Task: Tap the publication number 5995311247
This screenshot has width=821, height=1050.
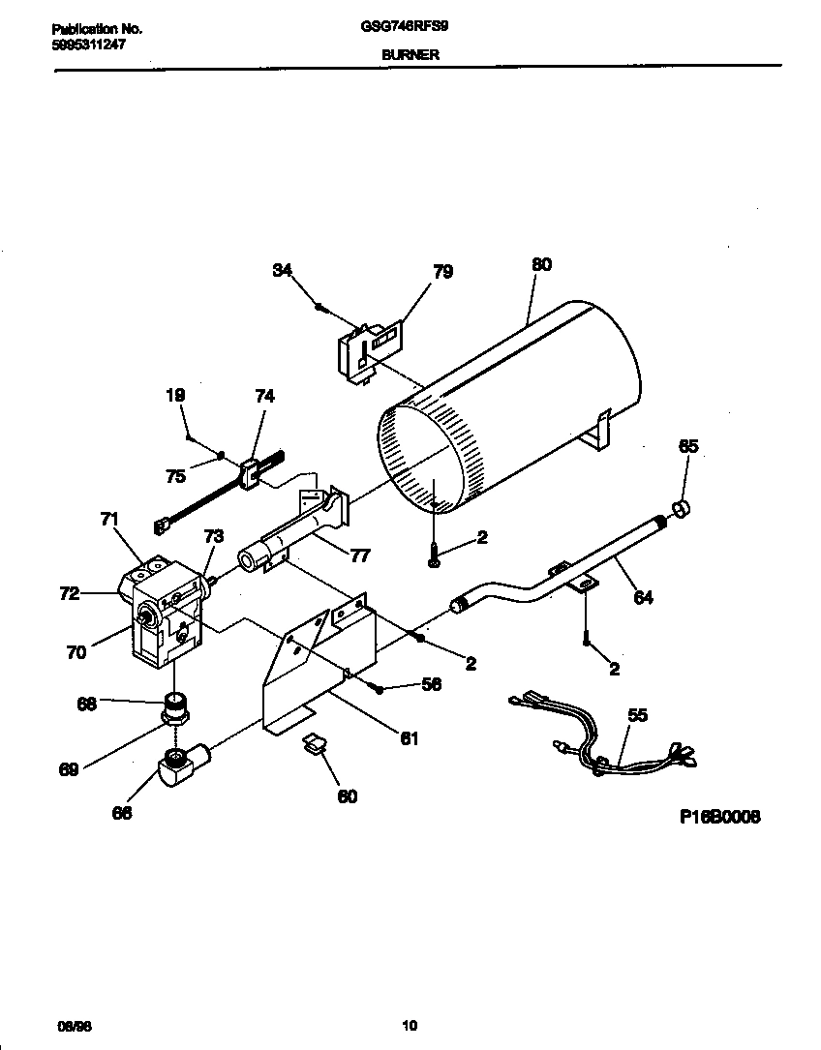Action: coord(88,45)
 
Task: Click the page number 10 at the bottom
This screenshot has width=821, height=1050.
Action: coord(410,1026)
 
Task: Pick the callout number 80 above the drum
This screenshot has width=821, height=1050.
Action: coord(541,265)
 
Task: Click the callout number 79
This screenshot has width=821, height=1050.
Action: coord(441,272)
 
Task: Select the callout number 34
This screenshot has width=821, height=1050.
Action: coord(283,271)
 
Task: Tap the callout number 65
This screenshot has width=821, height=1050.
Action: coord(687,446)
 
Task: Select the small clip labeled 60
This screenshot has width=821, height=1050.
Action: coord(315,744)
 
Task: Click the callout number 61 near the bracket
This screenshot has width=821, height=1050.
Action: coord(410,738)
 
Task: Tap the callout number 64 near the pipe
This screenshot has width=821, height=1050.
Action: coord(643,598)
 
